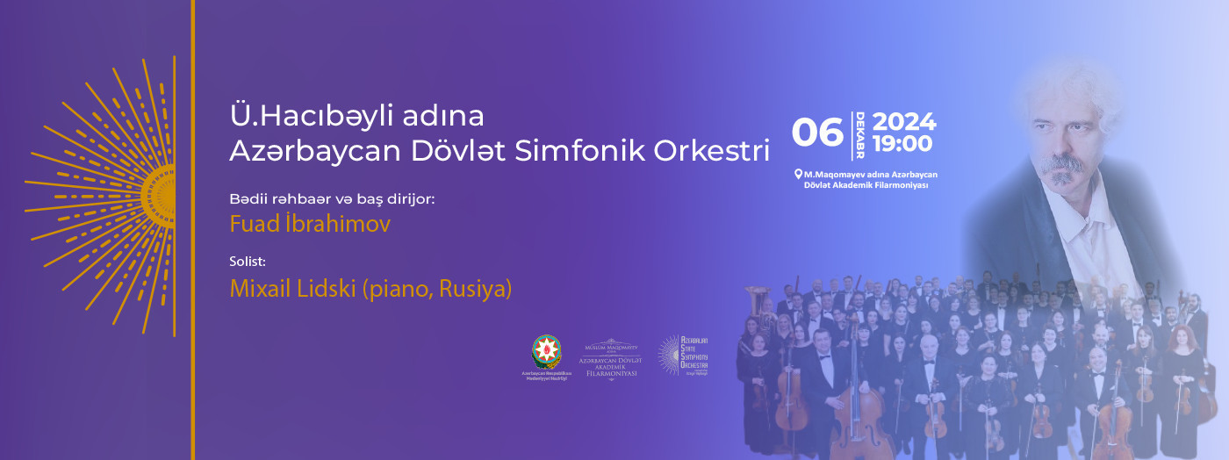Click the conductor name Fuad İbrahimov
point(310,224)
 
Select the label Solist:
point(248,262)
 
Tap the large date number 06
point(817,133)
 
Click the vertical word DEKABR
point(859,135)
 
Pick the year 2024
point(904,122)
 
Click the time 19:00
point(902,143)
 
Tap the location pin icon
point(798,174)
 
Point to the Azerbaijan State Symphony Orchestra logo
point(683,356)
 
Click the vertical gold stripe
point(192,230)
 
